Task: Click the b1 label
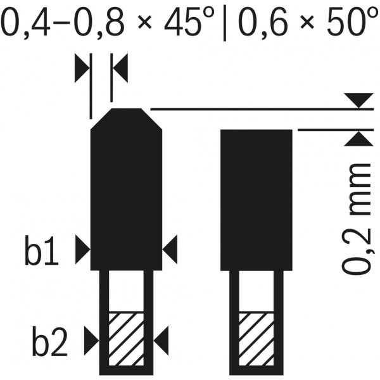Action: click(x=42, y=251)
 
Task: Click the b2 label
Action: click(x=49, y=343)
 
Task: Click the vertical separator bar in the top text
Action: click(x=225, y=23)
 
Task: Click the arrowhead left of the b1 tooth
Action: click(x=82, y=249)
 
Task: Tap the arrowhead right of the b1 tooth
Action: click(x=170, y=249)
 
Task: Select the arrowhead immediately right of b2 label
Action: click(x=92, y=341)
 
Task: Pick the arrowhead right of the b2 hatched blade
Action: click(x=161, y=341)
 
